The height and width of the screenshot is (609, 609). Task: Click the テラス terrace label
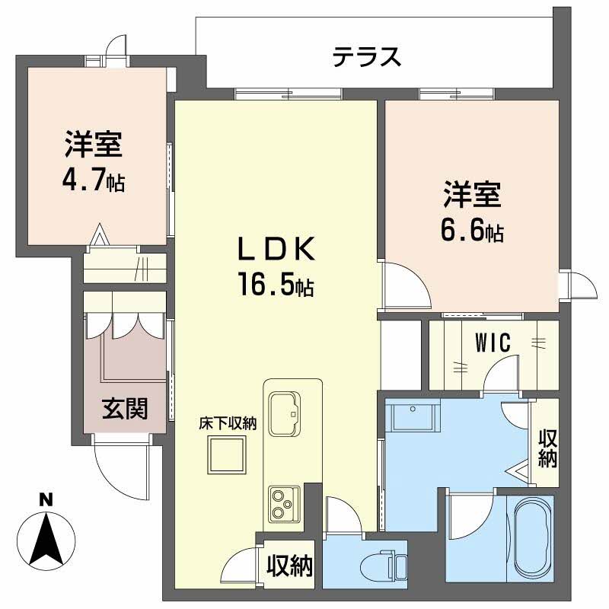pos(366,57)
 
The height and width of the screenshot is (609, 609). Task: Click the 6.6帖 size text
pos(473,231)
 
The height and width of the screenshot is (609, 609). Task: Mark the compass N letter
pos(46,500)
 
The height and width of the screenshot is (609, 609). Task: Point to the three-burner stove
pos(282,502)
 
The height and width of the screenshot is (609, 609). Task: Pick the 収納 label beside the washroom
pos(547,448)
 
